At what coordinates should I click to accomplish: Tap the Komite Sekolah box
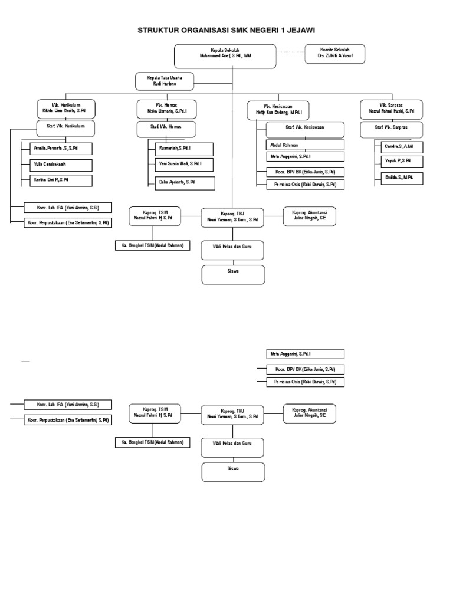pos(334,54)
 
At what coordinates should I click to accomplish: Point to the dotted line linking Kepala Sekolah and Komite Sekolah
pos(290,52)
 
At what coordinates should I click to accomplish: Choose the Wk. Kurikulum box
pos(66,109)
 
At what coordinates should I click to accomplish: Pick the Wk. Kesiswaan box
pos(278,110)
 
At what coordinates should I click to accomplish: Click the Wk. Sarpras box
pos(392,109)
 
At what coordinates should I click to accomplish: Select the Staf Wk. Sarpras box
pos(392,129)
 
